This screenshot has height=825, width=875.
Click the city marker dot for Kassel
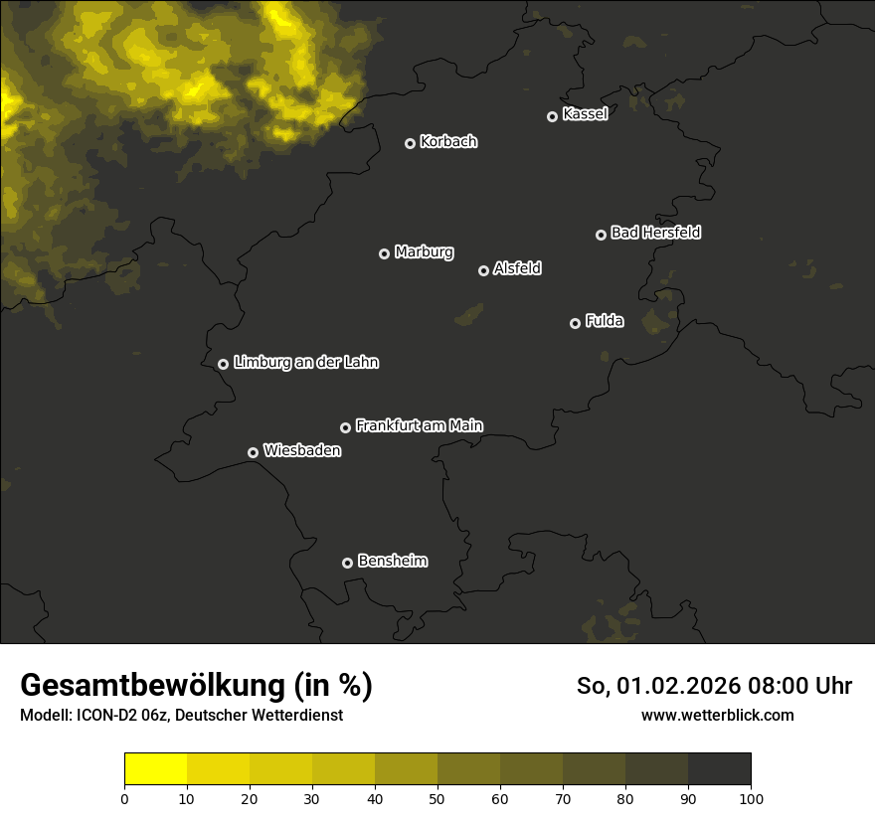(x=552, y=116)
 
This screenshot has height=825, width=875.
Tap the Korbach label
(x=448, y=141)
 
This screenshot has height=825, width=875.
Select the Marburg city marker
(x=384, y=253)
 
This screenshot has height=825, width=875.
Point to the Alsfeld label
(x=517, y=268)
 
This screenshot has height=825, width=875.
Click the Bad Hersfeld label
(x=655, y=233)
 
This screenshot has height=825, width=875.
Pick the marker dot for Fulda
(x=575, y=323)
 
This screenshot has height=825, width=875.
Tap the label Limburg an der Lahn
(x=305, y=362)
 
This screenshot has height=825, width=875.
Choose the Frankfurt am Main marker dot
(x=345, y=427)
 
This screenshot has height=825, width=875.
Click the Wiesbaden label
(x=301, y=450)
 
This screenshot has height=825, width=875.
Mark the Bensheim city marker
(x=347, y=563)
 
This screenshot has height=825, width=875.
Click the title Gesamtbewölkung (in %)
(x=196, y=686)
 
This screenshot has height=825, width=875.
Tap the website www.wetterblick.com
(x=717, y=715)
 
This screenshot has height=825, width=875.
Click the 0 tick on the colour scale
(x=124, y=798)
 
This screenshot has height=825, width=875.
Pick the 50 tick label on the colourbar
(x=437, y=798)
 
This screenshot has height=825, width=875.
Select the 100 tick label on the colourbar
(x=751, y=798)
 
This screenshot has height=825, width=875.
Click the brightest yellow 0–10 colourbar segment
(x=155, y=768)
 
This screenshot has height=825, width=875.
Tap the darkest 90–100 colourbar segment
(x=719, y=768)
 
